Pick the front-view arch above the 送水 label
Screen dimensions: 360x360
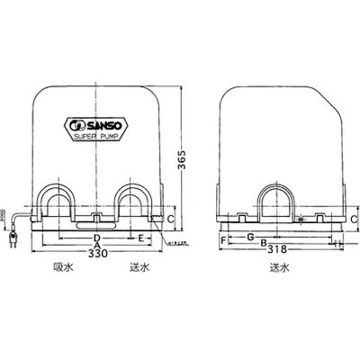pyautogui.click(x=135, y=202)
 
